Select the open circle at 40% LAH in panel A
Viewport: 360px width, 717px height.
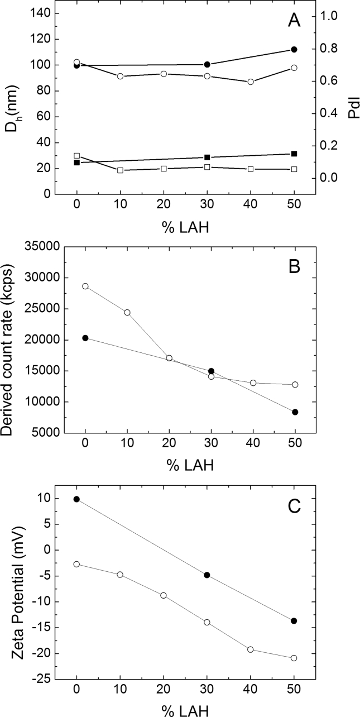(251, 82)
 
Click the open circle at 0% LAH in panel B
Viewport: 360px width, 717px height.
(85, 286)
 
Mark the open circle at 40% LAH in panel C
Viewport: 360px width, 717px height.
(251, 649)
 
